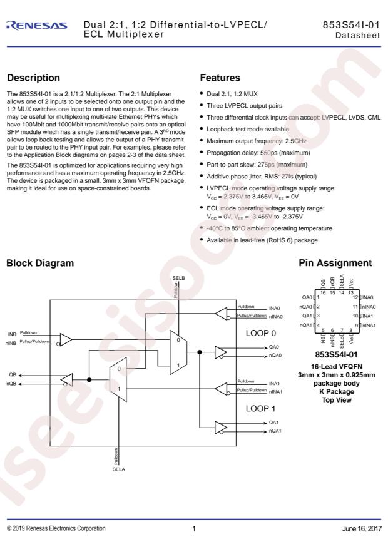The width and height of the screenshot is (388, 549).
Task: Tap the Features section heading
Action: [x=220, y=78]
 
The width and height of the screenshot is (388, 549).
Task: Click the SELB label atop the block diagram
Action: [x=178, y=277]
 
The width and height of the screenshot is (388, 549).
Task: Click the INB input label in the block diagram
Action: [x=12, y=334]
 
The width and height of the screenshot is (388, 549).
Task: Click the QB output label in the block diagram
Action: [x=12, y=374]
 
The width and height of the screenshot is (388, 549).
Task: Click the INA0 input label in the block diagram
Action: [x=275, y=307]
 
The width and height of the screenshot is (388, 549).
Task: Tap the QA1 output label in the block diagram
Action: [x=274, y=422]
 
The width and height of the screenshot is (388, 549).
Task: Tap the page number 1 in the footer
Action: [x=194, y=529]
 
